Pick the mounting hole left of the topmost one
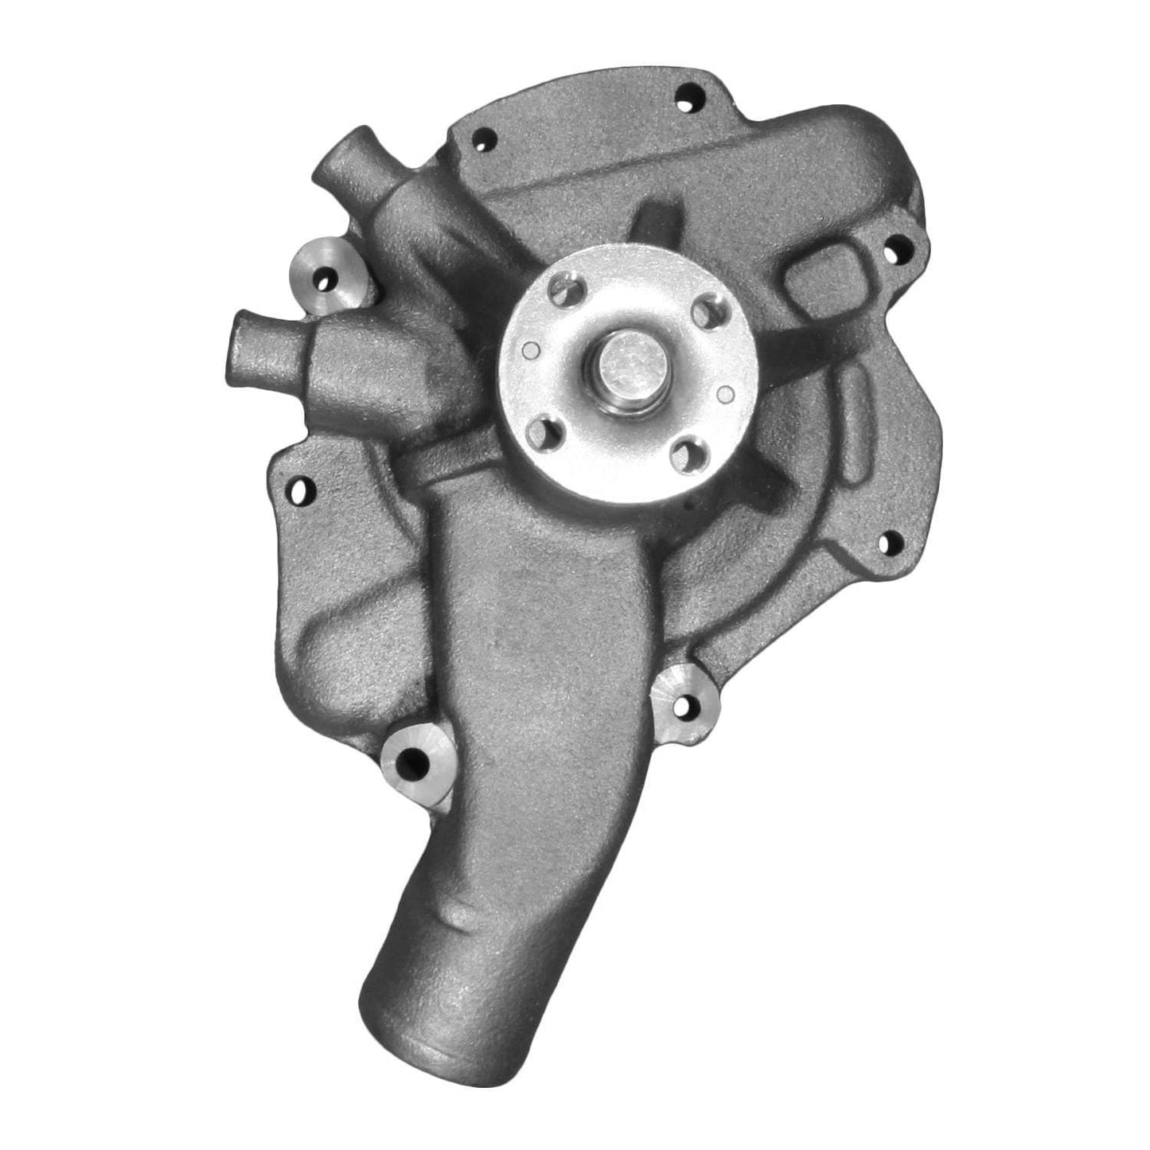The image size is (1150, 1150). [x=480, y=140]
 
